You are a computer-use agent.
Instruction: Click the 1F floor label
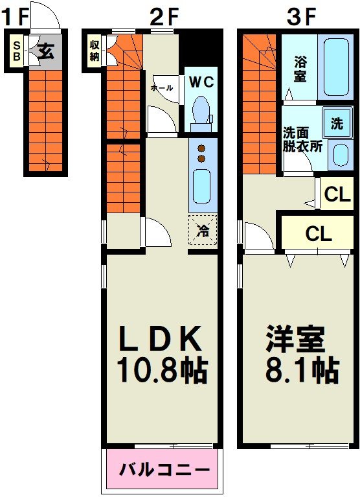[x=15, y=17]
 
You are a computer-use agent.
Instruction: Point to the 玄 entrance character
[x=45, y=51]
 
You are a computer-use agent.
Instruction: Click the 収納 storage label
[x=95, y=50]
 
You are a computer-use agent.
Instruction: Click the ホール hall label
[x=161, y=86]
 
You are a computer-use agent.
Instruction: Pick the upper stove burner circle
[x=201, y=147]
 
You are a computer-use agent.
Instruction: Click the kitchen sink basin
[x=201, y=186]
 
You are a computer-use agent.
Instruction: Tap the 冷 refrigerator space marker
[x=203, y=229]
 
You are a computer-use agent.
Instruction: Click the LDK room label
[x=161, y=338]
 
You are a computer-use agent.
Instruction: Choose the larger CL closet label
[x=319, y=234]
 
